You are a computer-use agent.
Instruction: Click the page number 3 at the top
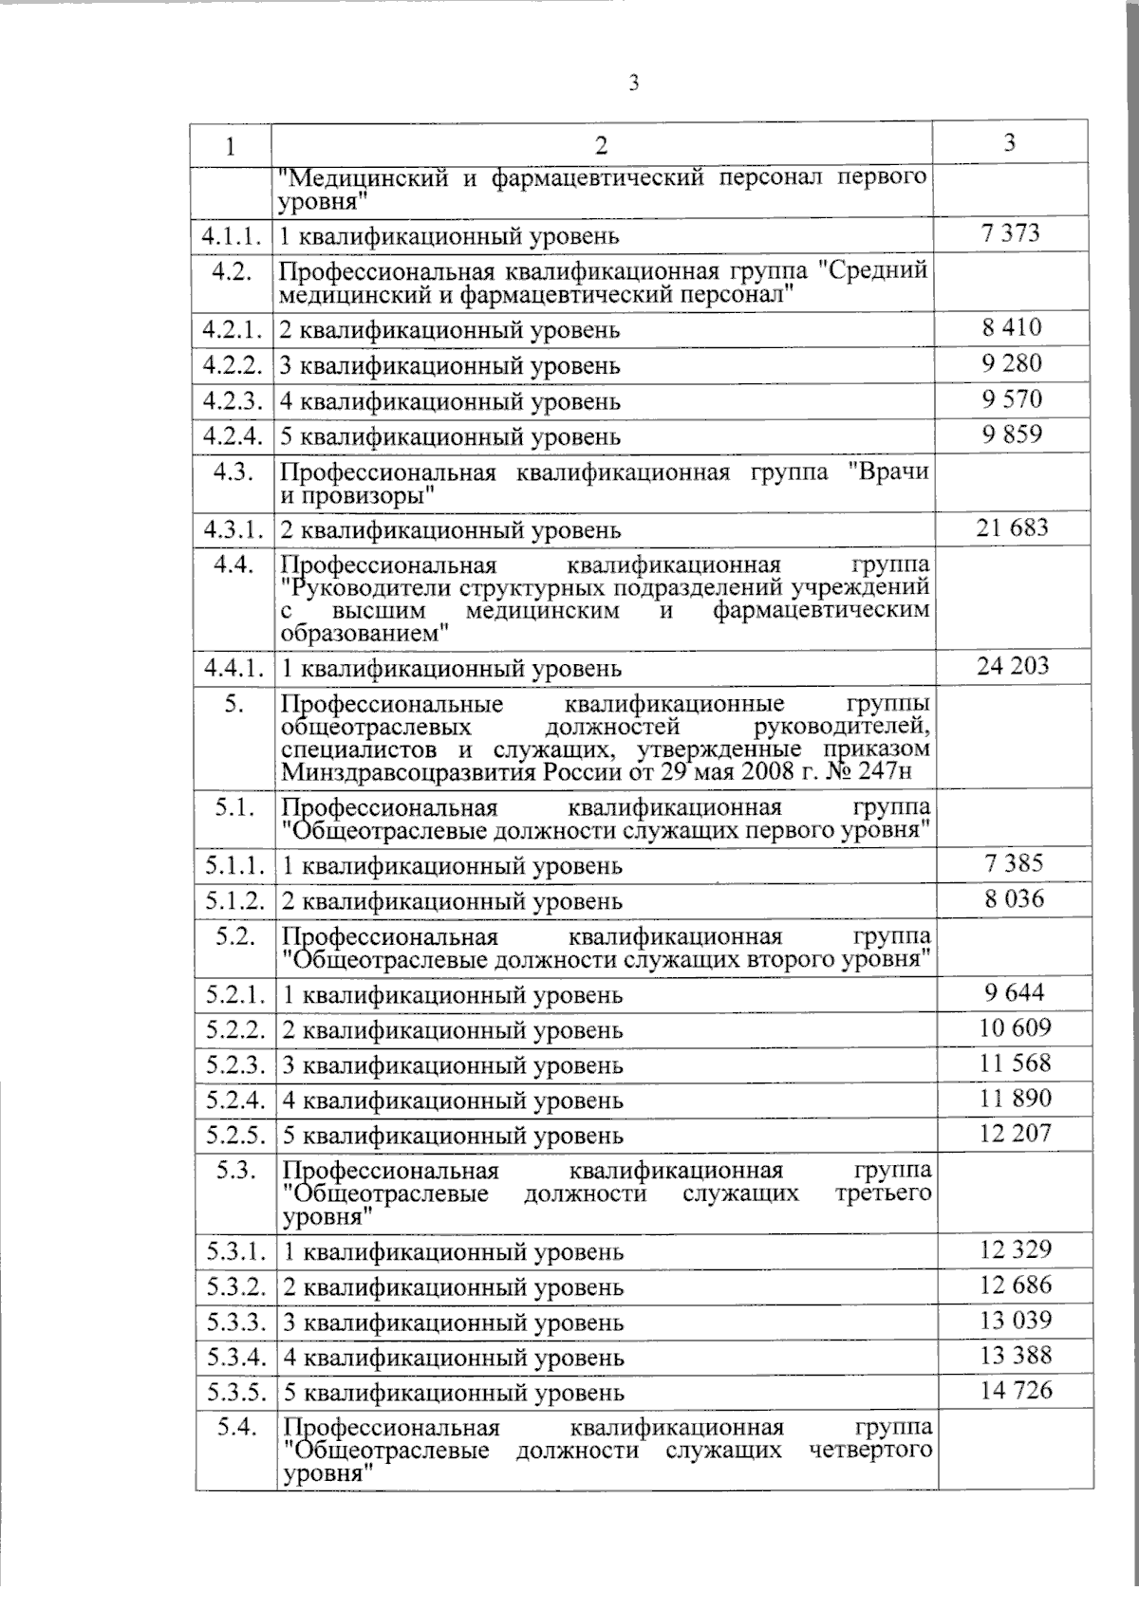tap(634, 83)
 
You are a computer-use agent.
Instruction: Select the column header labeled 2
tap(600, 145)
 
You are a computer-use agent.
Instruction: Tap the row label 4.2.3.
tap(231, 400)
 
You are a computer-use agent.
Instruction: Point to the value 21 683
tap(1012, 527)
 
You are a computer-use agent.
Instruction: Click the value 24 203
tap(1013, 665)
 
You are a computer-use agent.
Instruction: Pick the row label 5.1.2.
tap(233, 899)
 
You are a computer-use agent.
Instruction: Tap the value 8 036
tap(1013, 898)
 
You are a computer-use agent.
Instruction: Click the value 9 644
tap(1014, 992)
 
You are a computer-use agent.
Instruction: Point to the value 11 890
tap(1015, 1099)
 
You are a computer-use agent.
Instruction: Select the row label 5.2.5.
tap(234, 1135)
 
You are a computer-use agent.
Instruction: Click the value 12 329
tap(1016, 1249)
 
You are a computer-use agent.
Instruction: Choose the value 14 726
tap(1017, 1391)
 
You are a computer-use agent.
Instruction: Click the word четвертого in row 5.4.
tap(871, 1451)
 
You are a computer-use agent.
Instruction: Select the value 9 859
tap(1012, 435)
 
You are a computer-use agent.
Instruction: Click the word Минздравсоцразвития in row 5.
tap(408, 773)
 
